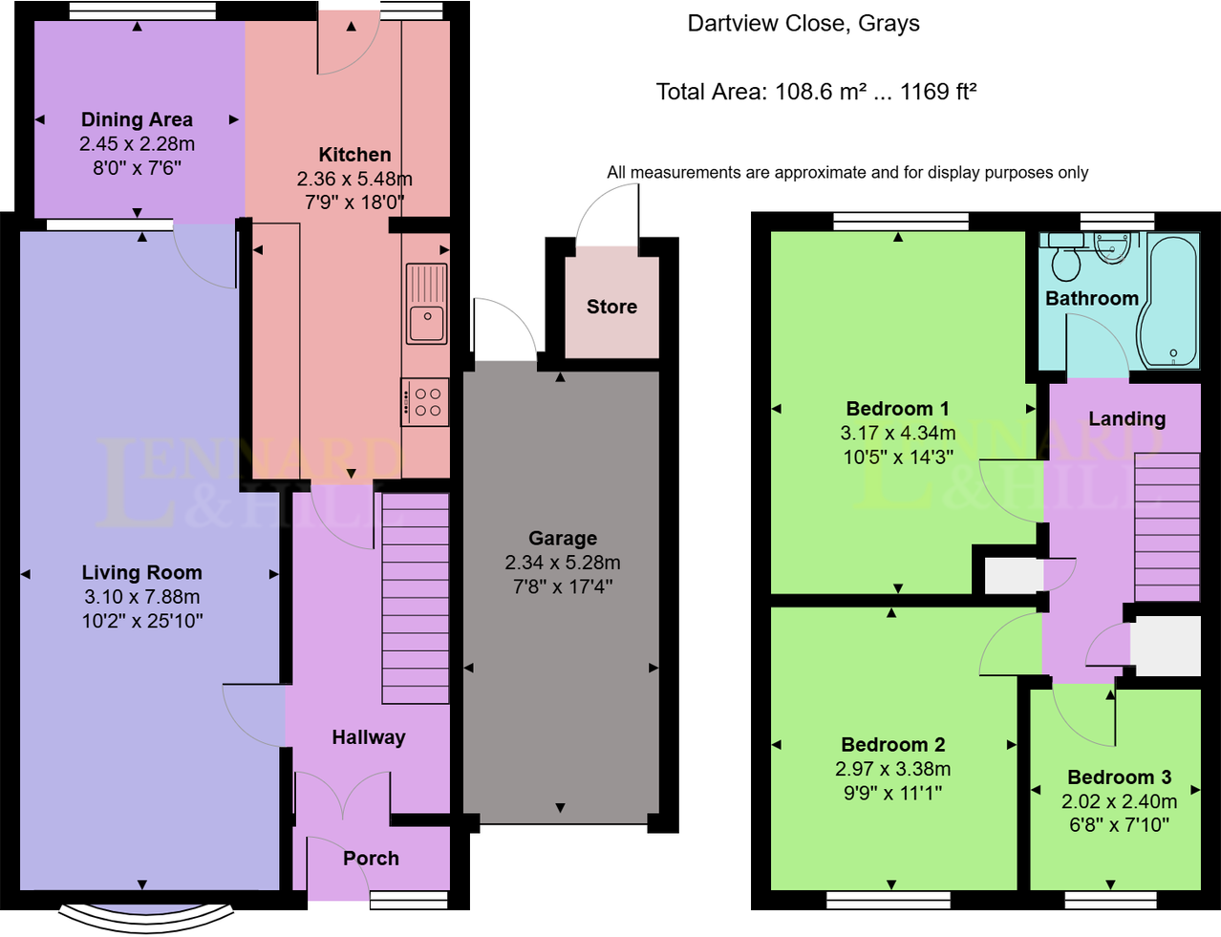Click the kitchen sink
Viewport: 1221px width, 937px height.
click(426, 304)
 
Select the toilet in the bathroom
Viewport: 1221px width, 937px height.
click(1064, 260)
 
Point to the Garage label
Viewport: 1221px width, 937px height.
click(563, 539)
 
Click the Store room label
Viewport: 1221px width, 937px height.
click(611, 307)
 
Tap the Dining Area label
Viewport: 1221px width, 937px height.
click(137, 119)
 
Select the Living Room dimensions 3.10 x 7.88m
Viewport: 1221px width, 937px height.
click(141, 597)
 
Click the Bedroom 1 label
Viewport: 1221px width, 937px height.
click(897, 409)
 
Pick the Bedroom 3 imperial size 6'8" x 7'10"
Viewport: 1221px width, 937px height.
click(1119, 824)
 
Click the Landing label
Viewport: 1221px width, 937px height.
click(1126, 418)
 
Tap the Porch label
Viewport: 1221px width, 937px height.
click(371, 858)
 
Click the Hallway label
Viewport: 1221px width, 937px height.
click(368, 737)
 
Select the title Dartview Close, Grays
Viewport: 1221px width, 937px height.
click(803, 24)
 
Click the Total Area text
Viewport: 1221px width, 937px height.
click(816, 92)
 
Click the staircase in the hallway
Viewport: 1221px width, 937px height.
click(416, 598)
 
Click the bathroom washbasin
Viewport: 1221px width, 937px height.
click(1111, 247)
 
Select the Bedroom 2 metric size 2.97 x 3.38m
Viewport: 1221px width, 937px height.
click(892, 769)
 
